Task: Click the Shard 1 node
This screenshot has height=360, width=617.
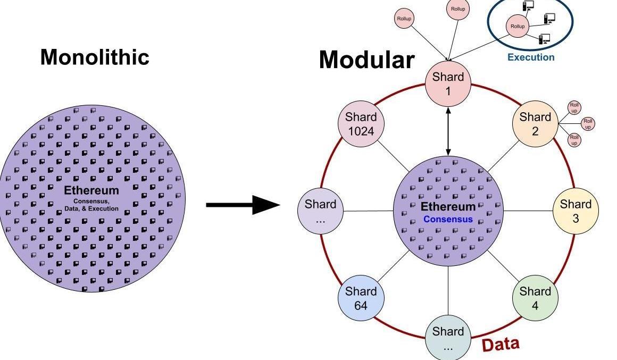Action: pyautogui.click(x=448, y=84)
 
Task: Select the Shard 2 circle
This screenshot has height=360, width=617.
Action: pyautogui.click(x=535, y=123)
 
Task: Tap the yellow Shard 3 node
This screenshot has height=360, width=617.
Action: pyautogui.click(x=576, y=211)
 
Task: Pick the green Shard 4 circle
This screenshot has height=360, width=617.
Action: pyautogui.click(x=535, y=298)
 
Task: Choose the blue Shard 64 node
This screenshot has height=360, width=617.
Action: pyautogui.click(x=361, y=298)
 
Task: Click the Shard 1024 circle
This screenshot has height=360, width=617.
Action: pyautogui.click(x=361, y=123)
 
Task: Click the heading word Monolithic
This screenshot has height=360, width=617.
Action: pyautogui.click(x=95, y=57)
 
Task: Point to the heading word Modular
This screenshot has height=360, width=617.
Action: pyautogui.click(x=366, y=60)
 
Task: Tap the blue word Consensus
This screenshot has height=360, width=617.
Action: pyautogui.click(x=448, y=219)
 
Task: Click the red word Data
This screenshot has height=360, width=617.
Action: pyautogui.click(x=500, y=344)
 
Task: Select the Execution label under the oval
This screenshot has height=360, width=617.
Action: pyautogui.click(x=530, y=57)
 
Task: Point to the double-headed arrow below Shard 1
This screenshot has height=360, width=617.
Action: pyautogui.click(x=448, y=131)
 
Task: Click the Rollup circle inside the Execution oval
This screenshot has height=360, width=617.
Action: pyautogui.click(x=518, y=26)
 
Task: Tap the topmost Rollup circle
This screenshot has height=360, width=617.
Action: pyautogui.click(x=458, y=9)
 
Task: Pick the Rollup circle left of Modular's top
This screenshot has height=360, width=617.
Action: pyautogui.click(x=404, y=19)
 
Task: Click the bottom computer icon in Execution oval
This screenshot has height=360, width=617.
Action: pyautogui.click(x=544, y=38)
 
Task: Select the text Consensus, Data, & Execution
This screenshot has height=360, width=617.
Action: pyautogui.click(x=91, y=205)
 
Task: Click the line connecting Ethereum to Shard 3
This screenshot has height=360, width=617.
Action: pyautogui.click(x=528, y=211)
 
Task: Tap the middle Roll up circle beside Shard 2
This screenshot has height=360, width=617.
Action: pyautogui.click(x=588, y=124)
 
